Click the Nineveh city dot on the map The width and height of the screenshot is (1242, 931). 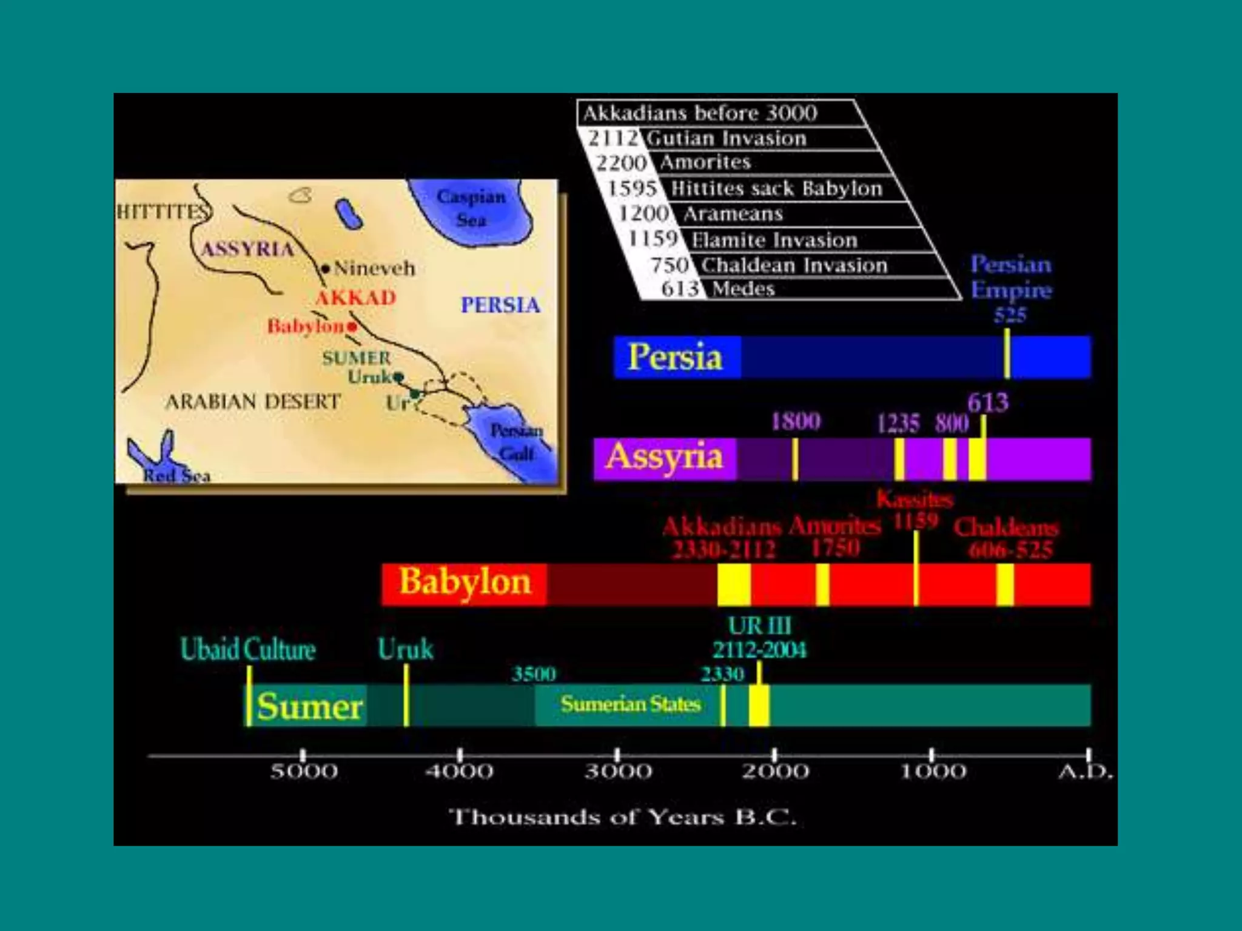[x=326, y=269]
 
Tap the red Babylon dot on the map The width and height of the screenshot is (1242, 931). [x=352, y=327]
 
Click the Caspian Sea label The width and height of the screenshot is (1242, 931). [x=471, y=207]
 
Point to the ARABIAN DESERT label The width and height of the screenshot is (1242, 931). [x=253, y=401]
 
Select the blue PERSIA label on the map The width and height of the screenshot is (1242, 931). [x=500, y=305]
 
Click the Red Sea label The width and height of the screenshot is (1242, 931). [x=176, y=476]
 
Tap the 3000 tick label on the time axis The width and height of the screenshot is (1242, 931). [x=618, y=772]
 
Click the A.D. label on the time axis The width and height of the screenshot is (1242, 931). [x=1085, y=772]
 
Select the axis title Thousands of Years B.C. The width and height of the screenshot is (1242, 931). [x=622, y=817]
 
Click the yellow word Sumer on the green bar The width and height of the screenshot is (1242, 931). [x=309, y=706]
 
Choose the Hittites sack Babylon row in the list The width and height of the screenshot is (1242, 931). [x=776, y=189]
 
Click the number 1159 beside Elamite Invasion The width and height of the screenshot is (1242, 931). [x=653, y=239]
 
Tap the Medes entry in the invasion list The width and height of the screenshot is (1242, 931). [x=743, y=289]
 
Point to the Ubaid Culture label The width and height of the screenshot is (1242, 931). [x=248, y=649]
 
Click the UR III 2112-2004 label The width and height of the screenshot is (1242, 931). [x=759, y=638]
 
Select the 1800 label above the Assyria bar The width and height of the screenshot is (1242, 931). [x=796, y=421]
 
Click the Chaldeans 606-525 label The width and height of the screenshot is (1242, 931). [x=1007, y=538]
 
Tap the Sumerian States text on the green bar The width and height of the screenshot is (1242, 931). [x=630, y=704]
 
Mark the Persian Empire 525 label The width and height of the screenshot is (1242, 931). [x=1011, y=289]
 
